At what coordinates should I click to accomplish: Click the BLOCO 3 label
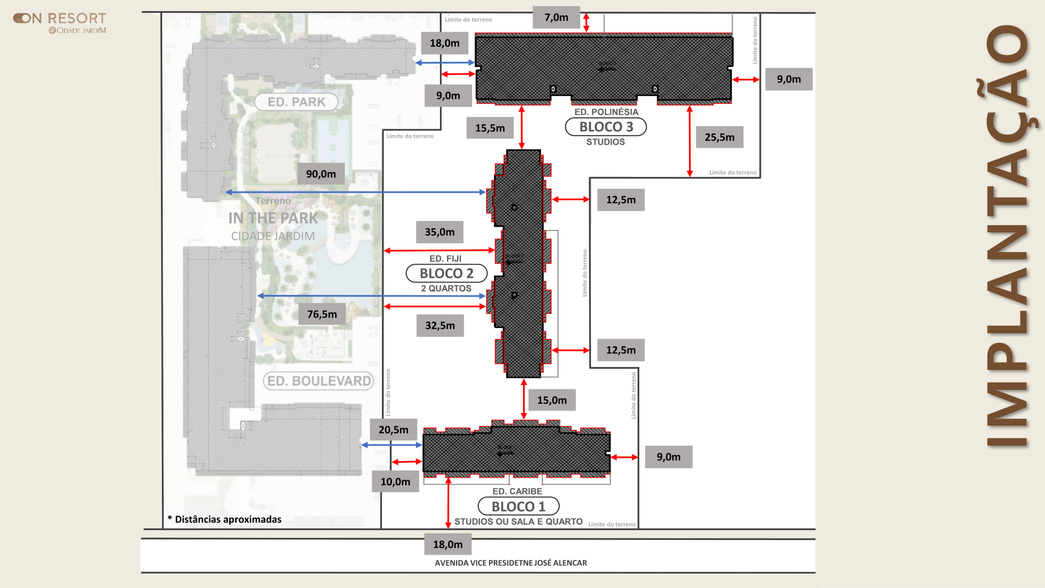point(606,127)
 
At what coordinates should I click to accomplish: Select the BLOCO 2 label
point(447,273)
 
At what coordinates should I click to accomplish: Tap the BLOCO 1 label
point(518,506)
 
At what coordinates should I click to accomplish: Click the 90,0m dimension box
point(321,174)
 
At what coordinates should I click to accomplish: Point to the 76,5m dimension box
point(322,314)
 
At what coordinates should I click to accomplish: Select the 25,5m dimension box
point(720,137)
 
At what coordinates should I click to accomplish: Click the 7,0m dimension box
point(556,18)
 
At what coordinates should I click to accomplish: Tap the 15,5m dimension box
point(490,128)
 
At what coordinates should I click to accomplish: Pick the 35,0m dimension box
point(440,232)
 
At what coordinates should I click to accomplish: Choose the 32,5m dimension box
point(440,325)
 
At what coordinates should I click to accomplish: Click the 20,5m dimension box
point(394,430)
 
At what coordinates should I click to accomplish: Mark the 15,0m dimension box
point(552,400)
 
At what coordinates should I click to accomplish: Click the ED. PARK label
point(296,102)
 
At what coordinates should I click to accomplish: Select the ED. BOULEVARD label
point(319,381)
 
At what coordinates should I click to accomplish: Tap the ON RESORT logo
point(60,23)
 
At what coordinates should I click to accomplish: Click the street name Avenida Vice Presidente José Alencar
point(511,563)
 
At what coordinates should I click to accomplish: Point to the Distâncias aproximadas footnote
point(225,519)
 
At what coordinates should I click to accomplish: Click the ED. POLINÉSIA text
point(606,112)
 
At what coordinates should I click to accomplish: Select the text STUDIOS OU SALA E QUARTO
point(518,521)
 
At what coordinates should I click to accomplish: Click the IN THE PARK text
point(273,218)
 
